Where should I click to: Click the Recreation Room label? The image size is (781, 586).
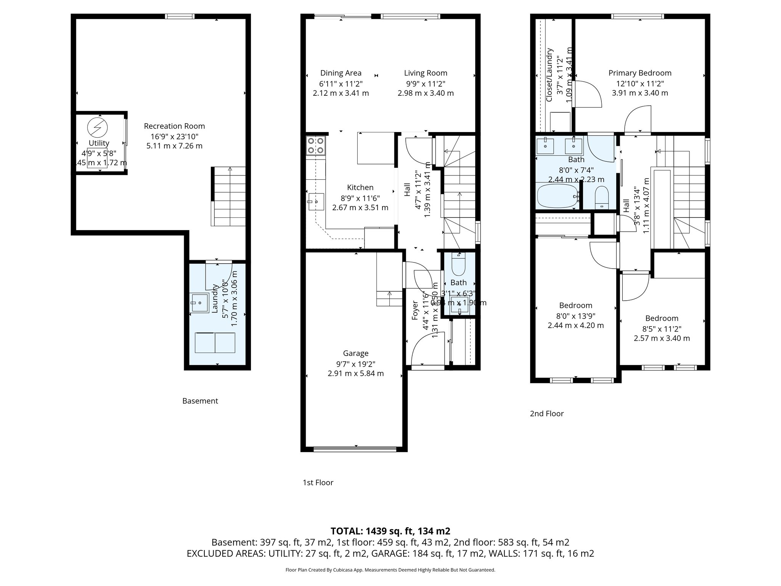(174, 126)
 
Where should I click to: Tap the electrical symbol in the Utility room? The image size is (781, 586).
(98, 127)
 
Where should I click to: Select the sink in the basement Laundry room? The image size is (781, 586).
(200, 303)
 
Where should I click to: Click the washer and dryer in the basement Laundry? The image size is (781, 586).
(215, 343)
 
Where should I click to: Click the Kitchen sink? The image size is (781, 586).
(316, 201)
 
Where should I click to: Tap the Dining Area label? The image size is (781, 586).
(341, 73)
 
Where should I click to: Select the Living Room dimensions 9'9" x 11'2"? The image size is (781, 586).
(426, 84)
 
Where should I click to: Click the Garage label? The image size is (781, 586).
(355, 353)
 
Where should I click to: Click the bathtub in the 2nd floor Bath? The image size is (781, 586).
(557, 196)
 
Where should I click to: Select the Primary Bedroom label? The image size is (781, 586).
(640, 73)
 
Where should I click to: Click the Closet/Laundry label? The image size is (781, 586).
(550, 75)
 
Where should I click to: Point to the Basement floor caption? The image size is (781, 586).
(200, 401)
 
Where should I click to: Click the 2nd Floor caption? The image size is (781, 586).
(546, 414)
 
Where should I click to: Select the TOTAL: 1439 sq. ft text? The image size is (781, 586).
(390, 531)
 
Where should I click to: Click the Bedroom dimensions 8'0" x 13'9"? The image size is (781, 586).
(575, 316)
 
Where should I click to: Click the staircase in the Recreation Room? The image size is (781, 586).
(229, 196)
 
